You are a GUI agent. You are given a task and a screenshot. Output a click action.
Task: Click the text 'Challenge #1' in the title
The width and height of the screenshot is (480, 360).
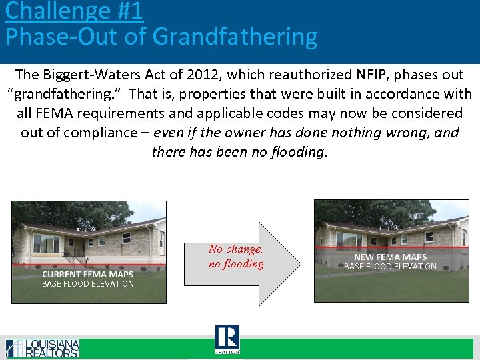(x=74, y=11)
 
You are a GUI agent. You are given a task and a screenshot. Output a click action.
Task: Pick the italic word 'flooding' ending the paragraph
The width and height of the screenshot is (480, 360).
(x=294, y=152)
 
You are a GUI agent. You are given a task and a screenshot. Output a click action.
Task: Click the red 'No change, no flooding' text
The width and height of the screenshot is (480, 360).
(x=236, y=256)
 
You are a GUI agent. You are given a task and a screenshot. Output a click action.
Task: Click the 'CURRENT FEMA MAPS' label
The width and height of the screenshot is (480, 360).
(x=88, y=274)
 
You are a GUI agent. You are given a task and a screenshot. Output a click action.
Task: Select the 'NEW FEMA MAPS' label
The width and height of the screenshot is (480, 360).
(x=390, y=257)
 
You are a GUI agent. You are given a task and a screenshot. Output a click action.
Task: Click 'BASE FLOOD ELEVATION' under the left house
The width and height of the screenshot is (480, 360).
(x=88, y=284)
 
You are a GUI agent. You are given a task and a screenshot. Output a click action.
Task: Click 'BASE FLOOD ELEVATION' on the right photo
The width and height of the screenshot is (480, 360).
(x=390, y=267)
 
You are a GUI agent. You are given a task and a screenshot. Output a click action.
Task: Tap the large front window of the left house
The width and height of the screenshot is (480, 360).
(x=46, y=243)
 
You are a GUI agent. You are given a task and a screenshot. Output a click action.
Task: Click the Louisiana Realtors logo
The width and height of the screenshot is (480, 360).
(x=43, y=348)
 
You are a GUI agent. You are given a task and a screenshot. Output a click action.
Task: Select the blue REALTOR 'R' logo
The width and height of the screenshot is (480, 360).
(x=227, y=339)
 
